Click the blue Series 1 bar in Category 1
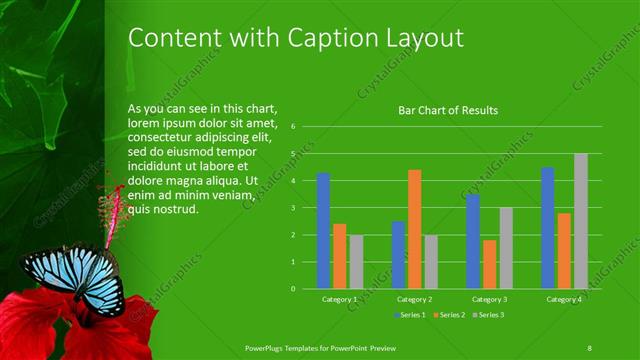coord(323,231)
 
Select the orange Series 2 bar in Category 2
coord(414,229)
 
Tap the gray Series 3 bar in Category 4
coord(581,221)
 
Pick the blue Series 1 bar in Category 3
coord(473,241)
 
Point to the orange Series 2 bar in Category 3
coord(489,264)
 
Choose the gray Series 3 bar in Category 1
coord(356,261)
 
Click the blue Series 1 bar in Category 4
coord(548,228)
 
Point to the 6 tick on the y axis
coord(292,127)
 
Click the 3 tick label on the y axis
coord(292,208)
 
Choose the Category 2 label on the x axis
coord(414,299)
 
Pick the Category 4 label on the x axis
coord(564,299)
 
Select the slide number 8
coord(590,346)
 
